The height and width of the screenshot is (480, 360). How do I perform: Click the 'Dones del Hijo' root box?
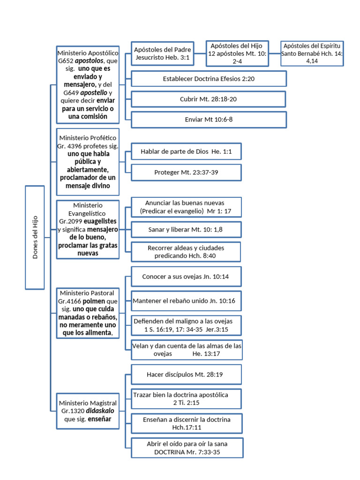(x=35, y=237)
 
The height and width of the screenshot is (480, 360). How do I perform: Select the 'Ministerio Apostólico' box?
(x=88, y=85)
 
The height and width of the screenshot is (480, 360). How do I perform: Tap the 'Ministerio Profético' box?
(x=88, y=162)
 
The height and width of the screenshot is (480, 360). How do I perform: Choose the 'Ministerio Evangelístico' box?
(x=88, y=229)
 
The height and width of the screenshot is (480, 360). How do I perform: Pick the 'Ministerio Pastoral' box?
(x=88, y=313)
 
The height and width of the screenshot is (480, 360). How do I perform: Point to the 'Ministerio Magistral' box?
(x=88, y=411)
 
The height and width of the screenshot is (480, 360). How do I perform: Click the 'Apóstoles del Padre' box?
(x=162, y=53)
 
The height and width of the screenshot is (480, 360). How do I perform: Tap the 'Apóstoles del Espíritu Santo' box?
(x=312, y=53)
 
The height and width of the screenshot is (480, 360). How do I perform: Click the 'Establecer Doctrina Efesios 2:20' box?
(x=209, y=79)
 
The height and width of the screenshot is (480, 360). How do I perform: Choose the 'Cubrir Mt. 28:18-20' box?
(x=209, y=99)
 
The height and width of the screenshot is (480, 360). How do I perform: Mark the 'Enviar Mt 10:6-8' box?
(x=209, y=120)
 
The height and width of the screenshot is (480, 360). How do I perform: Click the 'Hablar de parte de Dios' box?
(x=186, y=151)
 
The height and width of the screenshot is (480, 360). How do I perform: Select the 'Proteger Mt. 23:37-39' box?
(x=186, y=172)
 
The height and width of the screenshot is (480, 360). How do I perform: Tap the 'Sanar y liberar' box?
(x=186, y=230)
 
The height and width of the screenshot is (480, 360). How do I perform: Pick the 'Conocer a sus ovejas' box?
(x=186, y=277)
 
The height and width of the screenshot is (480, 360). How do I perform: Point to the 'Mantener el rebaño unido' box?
(x=186, y=301)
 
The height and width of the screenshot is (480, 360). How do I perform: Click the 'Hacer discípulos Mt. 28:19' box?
(x=186, y=375)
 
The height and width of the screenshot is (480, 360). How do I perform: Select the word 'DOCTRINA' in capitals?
(x=169, y=452)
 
